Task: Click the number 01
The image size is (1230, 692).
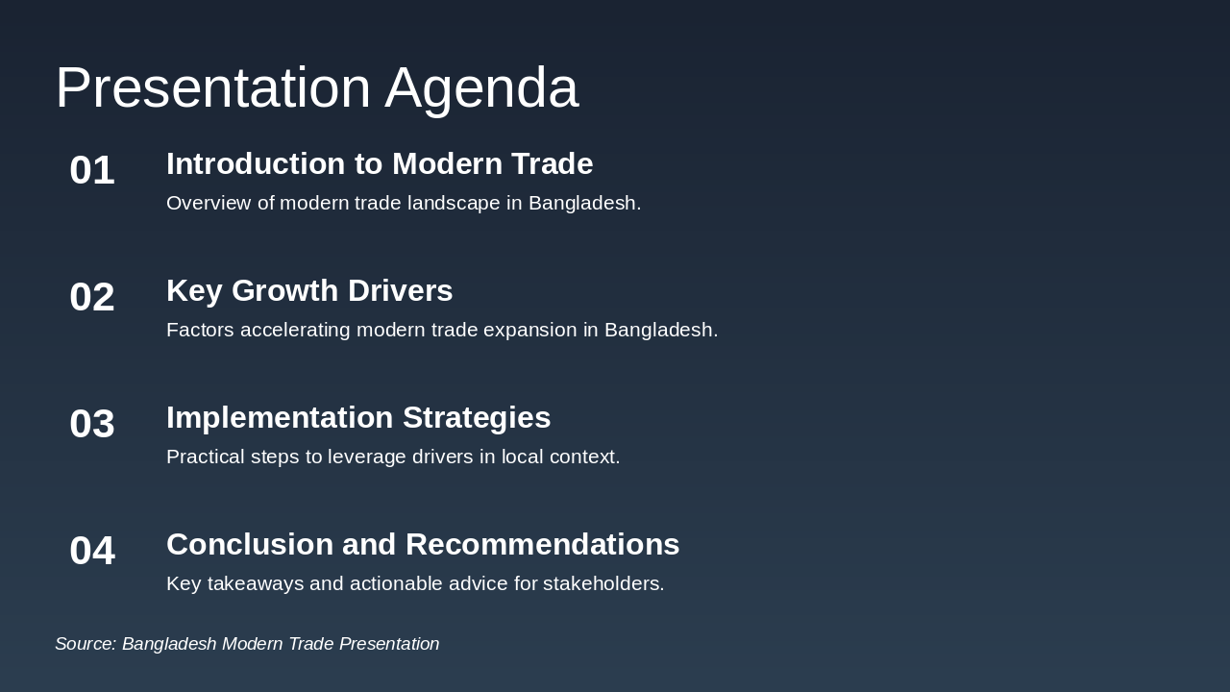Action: (92, 170)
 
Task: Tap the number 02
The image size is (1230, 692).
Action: (92, 297)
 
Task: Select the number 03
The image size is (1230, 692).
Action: (92, 424)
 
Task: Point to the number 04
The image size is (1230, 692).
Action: (92, 551)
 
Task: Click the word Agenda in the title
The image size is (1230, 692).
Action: (481, 88)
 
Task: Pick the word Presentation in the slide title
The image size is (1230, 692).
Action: (212, 88)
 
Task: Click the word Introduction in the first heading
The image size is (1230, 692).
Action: (256, 164)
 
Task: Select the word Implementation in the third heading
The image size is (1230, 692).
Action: (280, 418)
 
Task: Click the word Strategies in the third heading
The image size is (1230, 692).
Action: (477, 418)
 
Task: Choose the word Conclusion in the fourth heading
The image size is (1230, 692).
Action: (250, 545)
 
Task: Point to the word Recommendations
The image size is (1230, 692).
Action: (542, 545)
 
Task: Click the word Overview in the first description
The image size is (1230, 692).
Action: (208, 203)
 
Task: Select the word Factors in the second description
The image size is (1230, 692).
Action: (200, 330)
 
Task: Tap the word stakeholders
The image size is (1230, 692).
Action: (603, 583)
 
